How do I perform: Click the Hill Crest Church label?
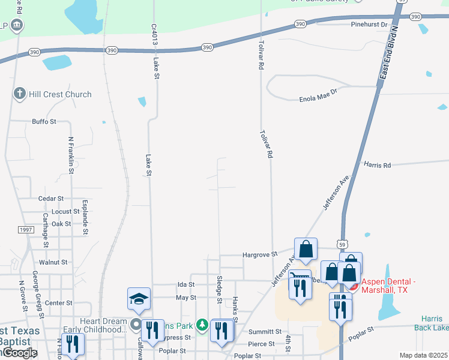tap(61, 94)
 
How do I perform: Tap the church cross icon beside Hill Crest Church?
tap(19, 94)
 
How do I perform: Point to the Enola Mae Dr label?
tap(319, 98)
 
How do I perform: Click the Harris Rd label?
tap(377, 164)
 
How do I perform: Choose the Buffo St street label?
tap(44, 121)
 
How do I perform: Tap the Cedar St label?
tap(50, 199)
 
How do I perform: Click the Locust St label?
tap(65, 212)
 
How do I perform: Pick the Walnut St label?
tap(53, 262)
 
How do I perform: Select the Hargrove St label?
tap(259, 254)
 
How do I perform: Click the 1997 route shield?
tap(25, 230)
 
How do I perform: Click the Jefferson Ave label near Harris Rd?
tap(336, 192)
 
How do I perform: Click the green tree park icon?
tap(203, 325)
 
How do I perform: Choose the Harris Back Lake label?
tap(432, 323)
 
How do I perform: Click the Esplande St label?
tap(85, 217)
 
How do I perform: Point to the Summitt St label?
tap(266, 331)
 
